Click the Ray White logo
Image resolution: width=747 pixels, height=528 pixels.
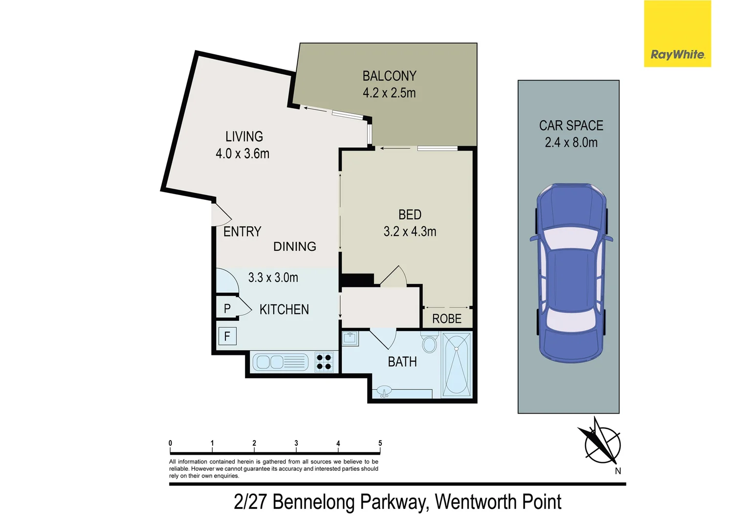677,34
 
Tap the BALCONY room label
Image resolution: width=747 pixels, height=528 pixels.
389,76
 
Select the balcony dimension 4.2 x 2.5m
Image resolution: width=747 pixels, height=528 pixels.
389,93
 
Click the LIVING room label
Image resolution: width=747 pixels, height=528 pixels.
244,136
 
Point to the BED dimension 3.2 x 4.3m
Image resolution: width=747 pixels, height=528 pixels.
410,231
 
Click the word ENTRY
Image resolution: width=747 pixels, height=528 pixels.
242,232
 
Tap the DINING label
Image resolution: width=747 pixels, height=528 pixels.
294,246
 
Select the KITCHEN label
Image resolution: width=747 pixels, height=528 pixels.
284,309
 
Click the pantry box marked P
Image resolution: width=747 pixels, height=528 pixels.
227,308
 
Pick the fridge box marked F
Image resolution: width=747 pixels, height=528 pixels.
227,336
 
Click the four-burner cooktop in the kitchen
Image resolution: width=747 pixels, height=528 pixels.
324,362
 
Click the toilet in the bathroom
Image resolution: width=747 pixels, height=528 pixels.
429,343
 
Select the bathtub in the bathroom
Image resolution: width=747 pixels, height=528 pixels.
457,364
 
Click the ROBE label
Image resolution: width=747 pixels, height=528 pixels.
447,319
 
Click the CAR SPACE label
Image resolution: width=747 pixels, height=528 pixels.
571,126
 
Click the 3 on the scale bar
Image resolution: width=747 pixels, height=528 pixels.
296,443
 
